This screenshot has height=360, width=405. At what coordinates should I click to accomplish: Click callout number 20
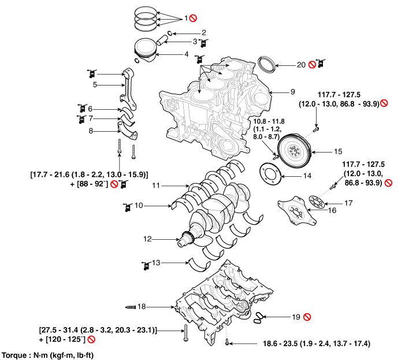[x=300, y=65]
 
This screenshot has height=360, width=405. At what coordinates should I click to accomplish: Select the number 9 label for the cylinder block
[x=292, y=92]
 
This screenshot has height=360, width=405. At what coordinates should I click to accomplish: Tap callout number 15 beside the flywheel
[x=338, y=151]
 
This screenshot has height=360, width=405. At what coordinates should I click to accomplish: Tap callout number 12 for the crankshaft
[x=147, y=238]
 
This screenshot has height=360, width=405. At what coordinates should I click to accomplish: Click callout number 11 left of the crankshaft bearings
[x=155, y=186]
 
